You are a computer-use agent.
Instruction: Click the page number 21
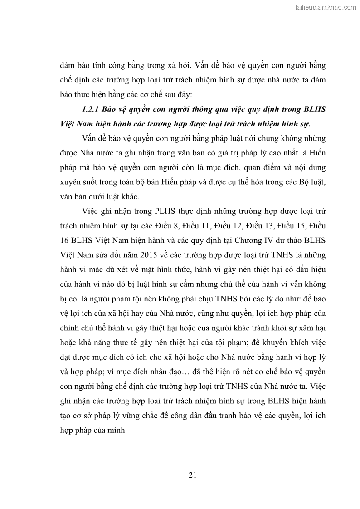(x=192, y=475)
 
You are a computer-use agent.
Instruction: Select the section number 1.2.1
(x=90, y=110)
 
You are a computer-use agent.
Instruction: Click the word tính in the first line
(x=107, y=65)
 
